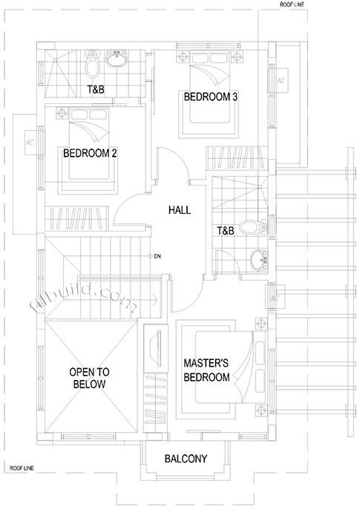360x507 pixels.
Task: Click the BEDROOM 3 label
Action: pyautogui.click(x=211, y=97)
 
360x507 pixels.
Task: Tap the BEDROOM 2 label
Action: pyautogui.click(x=90, y=153)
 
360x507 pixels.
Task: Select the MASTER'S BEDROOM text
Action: pyautogui.click(x=206, y=370)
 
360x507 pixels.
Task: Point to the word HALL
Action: pyautogui.click(x=180, y=210)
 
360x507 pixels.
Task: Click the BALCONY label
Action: pyautogui.click(x=186, y=459)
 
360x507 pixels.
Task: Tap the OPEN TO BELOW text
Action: pyautogui.click(x=89, y=378)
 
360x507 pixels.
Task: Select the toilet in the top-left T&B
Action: pyautogui.click(x=92, y=64)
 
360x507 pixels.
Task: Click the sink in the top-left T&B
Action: pyautogui.click(x=117, y=59)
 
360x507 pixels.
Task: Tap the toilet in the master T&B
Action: pyautogui.click(x=254, y=227)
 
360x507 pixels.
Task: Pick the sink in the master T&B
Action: pyautogui.click(x=259, y=260)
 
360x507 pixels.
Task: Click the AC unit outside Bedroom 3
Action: pyautogui.click(x=281, y=80)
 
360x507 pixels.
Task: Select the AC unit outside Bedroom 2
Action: pyautogui.click(x=30, y=142)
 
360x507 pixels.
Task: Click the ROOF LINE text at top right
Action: pyautogui.click(x=292, y=5)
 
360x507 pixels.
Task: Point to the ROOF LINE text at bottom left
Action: pyautogui.click(x=22, y=468)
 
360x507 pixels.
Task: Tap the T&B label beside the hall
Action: pyautogui.click(x=226, y=231)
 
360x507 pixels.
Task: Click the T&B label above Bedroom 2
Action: pyautogui.click(x=96, y=89)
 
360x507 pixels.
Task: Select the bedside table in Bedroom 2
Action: pyautogui.click(x=62, y=113)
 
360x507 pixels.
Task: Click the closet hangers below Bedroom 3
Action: pyautogui.click(x=237, y=158)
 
